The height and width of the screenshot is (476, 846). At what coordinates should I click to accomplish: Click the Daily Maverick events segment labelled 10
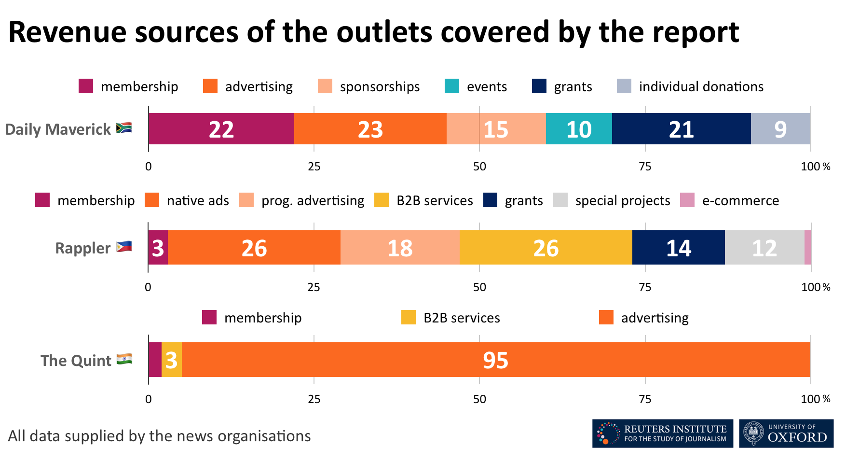(579, 129)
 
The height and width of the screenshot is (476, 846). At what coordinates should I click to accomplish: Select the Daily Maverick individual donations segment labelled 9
(780, 129)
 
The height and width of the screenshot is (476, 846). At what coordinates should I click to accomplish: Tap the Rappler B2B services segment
(546, 248)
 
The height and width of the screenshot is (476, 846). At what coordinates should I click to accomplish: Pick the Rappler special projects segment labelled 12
(764, 248)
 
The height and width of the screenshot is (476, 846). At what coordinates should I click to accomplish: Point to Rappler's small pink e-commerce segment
(808, 248)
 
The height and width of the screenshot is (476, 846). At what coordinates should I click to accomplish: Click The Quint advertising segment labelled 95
(496, 360)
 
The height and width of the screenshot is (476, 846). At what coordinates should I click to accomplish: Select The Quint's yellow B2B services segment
(172, 360)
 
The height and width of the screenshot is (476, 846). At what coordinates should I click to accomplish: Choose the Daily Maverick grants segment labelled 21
(681, 129)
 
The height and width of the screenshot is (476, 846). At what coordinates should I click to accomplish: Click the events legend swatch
(452, 86)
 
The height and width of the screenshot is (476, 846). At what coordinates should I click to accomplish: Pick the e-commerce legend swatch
(687, 200)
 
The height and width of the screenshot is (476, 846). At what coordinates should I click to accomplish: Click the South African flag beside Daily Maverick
(124, 128)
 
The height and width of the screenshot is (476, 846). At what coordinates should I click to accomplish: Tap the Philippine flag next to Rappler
(124, 247)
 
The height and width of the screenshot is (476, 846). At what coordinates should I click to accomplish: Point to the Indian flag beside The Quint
(124, 359)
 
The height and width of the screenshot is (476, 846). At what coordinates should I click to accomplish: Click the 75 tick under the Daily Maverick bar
(645, 167)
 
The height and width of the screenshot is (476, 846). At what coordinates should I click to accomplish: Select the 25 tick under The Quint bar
(314, 399)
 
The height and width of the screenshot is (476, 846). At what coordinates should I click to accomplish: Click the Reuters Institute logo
(662, 434)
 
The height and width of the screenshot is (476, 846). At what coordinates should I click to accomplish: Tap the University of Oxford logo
(786, 434)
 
